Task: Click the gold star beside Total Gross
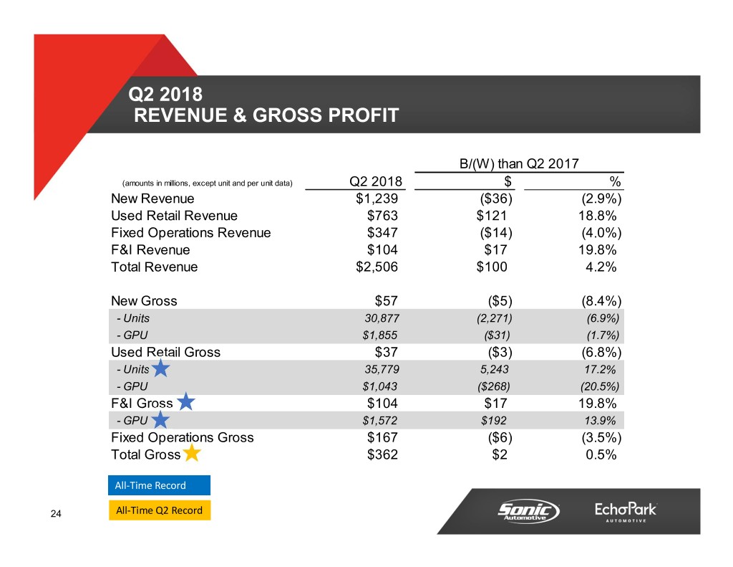click(x=192, y=454)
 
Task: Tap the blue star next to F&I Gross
click(x=186, y=402)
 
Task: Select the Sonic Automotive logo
click(x=529, y=511)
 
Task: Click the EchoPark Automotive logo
click(x=626, y=512)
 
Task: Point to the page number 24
click(x=57, y=513)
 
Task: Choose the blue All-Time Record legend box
click(x=159, y=485)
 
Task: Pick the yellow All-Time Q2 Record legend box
click(x=159, y=511)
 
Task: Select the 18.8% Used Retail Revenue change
click(x=597, y=216)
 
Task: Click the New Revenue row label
click(x=152, y=199)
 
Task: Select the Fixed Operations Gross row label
click(x=182, y=437)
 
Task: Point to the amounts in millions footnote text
click(x=208, y=183)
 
